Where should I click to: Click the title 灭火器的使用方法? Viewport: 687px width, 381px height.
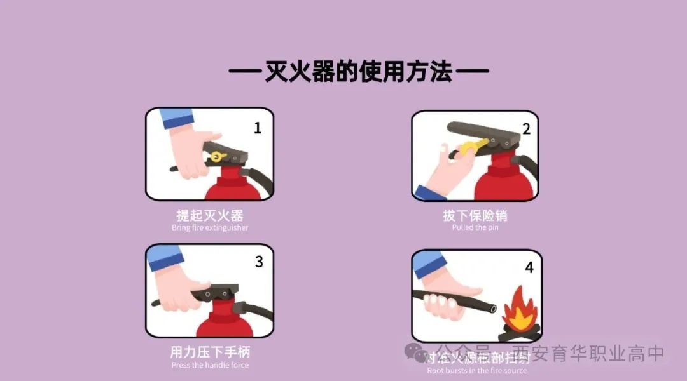click(358, 72)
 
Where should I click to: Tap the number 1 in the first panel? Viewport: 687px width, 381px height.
click(258, 128)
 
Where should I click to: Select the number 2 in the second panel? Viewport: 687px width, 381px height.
click(526, 129)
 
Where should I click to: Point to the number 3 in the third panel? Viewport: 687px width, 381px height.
click(259, 262)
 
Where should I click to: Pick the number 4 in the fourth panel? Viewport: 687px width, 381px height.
click(529, 267)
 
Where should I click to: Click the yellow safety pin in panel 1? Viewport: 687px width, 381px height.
click(218, 156)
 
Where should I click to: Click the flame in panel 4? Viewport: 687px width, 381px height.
click(519, 309)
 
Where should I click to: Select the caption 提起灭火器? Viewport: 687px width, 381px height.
click(210, 215)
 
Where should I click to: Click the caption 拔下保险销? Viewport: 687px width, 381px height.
click(475, 216)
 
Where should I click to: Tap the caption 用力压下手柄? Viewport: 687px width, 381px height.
click(210, 352)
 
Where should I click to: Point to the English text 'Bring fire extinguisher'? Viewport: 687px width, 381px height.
click(210, 228)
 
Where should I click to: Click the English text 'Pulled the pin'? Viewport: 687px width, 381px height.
click(475, 228)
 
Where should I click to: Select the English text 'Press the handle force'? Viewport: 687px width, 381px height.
click(210, 365)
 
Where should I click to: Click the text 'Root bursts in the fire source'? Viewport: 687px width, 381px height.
click(476, 371)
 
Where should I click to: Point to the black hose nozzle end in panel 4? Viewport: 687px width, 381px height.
click(492, 308)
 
